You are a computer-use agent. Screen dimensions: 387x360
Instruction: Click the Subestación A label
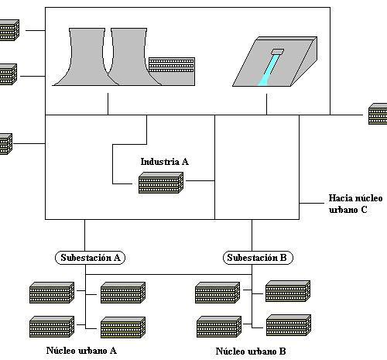[91, 258]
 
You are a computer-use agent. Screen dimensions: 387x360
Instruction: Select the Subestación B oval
[258, 258]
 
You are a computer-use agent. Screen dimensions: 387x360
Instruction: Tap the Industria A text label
[165, 162]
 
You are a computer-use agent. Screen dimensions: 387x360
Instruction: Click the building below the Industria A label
[161, 183]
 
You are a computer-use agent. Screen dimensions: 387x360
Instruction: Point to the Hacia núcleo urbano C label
[355, 204]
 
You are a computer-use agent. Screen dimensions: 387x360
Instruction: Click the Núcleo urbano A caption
[81, 351]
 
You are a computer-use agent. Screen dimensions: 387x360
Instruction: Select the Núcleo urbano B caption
[251, 351]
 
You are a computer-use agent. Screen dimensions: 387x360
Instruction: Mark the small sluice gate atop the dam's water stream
[277, 52]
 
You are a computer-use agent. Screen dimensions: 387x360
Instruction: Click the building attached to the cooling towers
[172, 71]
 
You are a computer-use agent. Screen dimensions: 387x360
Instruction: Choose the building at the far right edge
[378, 114]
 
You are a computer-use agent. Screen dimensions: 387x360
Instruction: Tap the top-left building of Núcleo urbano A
[52, 293]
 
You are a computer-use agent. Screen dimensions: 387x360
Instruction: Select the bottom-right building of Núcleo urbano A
[123, 327]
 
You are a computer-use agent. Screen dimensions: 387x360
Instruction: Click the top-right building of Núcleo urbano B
[288, 291]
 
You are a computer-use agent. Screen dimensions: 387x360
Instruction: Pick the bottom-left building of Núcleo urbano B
[219, 327]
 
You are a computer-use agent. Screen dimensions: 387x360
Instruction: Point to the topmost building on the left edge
[9, 30]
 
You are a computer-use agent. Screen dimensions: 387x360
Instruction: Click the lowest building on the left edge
[6, 144]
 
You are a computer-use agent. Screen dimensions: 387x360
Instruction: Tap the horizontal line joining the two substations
[169, 274]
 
